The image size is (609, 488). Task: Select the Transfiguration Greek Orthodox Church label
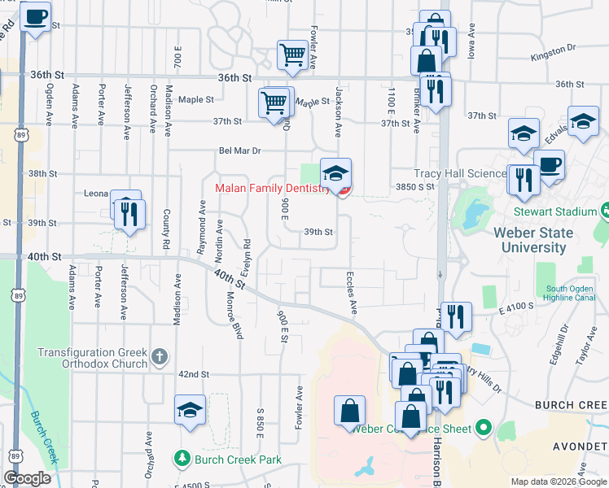[x=93, y=358]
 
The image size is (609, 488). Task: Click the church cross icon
[x=160, y=356]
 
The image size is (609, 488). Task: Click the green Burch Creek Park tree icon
[x=183, y=460]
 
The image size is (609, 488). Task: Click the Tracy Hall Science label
[x=461, y=174]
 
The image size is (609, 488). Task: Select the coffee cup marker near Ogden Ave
[x=35, y=18]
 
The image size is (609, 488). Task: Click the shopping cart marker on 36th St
[x=292, y=55]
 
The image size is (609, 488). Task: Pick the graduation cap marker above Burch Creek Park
[x=190, y=410]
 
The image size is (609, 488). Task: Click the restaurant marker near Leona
[x=129, y=213]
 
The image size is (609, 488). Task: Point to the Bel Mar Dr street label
[x=239, y=150]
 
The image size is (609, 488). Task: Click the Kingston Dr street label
[x=553, y=53]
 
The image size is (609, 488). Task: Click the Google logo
[x=28, y=478]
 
